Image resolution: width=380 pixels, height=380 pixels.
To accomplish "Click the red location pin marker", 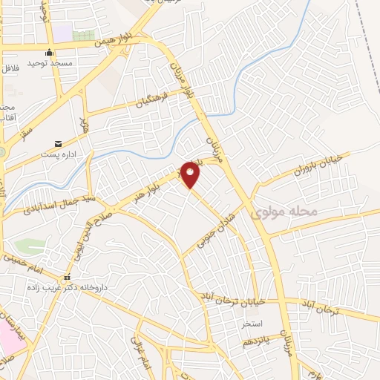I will tap(190, 174).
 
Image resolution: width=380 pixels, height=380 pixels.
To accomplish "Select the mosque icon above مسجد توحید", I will tap(49, 53).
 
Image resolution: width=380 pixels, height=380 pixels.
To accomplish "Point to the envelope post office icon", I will tap(58, 143).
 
